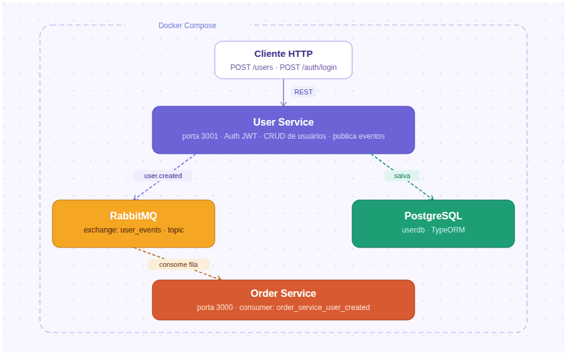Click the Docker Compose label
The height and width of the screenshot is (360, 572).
point(187,26)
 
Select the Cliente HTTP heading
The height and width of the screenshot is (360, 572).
point(284,54)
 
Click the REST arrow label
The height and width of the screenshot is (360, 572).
point(303,92)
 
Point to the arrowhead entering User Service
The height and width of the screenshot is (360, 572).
point(284,103)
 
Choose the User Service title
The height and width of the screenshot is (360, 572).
point(284,122)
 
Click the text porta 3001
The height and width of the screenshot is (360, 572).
point(200,136)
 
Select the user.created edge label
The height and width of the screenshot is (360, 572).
point(163,176)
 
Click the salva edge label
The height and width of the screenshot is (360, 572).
point(402,176)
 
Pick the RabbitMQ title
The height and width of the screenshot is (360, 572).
point(134,216)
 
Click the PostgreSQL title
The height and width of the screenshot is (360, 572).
point(433,216)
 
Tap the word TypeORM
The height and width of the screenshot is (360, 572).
point(448,230)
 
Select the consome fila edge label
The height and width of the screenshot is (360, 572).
point(179,264)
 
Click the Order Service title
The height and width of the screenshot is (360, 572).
point(284,293)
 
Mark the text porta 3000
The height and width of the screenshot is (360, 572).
point(214,307)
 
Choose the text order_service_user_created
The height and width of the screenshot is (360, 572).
point(323,307)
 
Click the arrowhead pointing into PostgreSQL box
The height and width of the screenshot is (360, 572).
point(430,197)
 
